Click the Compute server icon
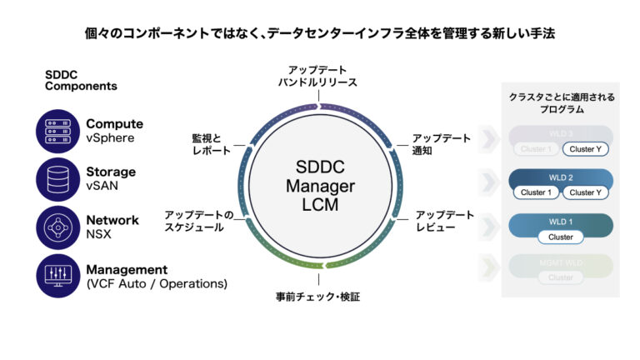point(57,131)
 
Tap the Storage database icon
point(57,179)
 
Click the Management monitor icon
point(57,276)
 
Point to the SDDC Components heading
point(81,79)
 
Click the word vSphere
point(110,138)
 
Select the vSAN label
point(102,187)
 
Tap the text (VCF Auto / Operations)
point(157,284)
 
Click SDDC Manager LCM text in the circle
point(320,185)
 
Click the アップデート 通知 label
point(441,145)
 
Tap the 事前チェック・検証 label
point(318,297)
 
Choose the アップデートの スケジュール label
point(199,221)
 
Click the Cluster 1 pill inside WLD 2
point(535,192)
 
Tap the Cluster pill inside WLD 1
point(560,237)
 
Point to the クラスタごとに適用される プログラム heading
point(561,103)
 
